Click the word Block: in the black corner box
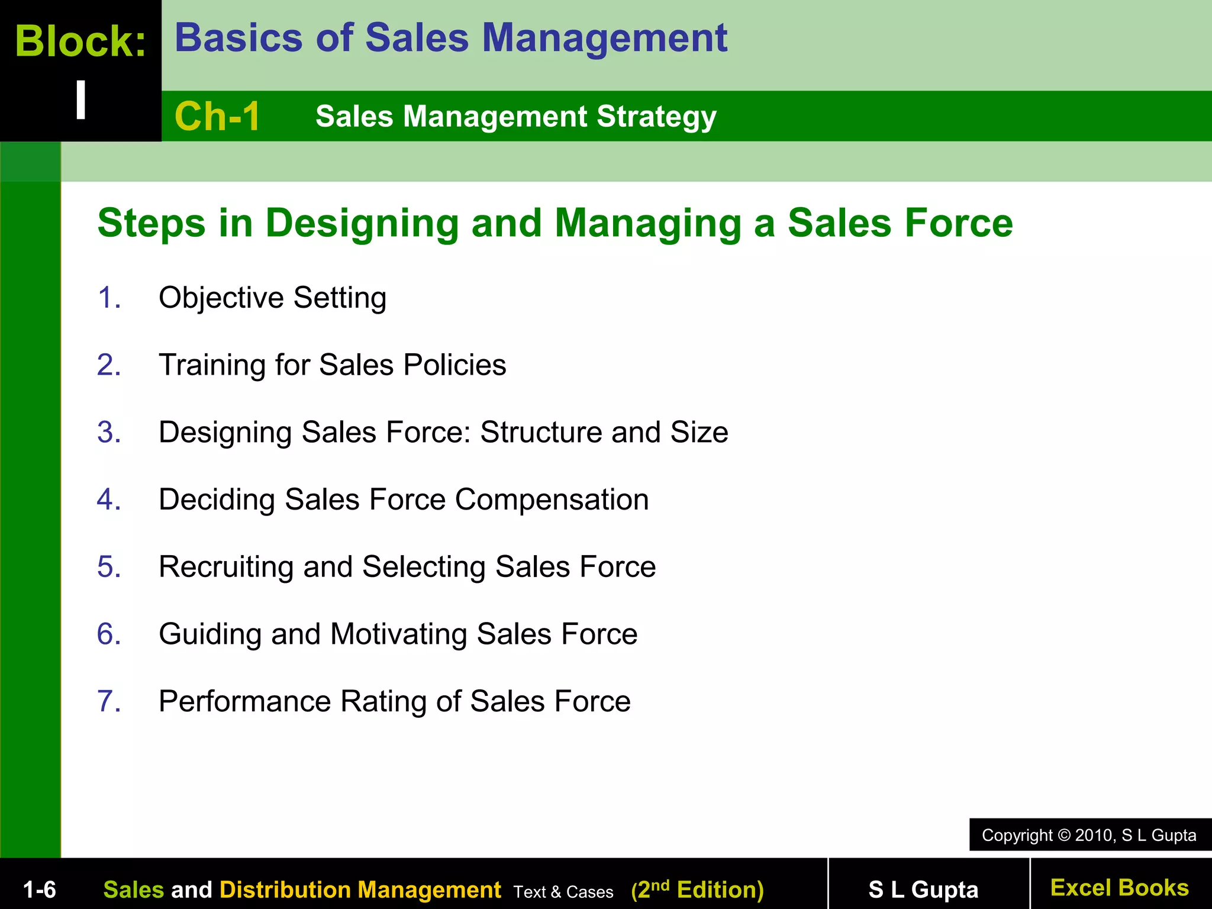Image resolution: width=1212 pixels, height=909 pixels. click(80, 41)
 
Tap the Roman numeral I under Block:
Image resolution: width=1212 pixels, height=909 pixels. click(81, 100)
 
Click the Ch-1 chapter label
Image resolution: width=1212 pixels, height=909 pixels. click(217, 116)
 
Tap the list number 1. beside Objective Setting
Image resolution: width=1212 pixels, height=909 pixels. click(109, 298)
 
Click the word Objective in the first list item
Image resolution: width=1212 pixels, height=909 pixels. click(221, 298)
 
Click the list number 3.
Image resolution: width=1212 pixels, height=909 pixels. click(109, 432)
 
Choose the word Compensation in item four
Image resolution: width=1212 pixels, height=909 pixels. click(552, 499)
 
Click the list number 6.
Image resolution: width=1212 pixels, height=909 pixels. click(109, 634)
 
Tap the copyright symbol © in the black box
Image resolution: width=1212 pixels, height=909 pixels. click(1064, 836)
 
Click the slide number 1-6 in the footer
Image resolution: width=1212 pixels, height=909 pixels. click(39, 889)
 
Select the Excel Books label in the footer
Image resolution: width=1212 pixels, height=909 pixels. click(1119, 888)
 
